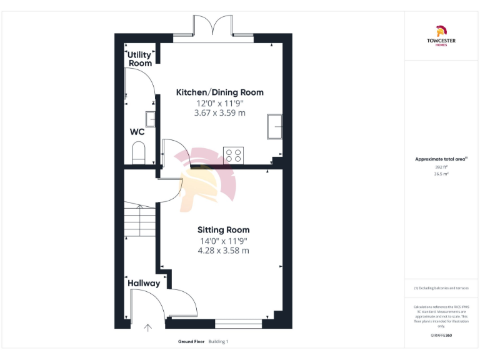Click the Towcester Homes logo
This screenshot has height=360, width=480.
pyautogui.click(x=441, y=35)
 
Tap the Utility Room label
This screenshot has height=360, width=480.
pyautogui.click(x=140, y=59)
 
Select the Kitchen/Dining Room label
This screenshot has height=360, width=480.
pyautogui.click(x=219, y=92)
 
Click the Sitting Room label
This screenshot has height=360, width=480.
pyautogui.click(x=223, y=230)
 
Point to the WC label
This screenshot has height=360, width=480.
pyautogui.click(x=137, y=132)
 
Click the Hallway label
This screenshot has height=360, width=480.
pyautogui.click(x=144, y=283)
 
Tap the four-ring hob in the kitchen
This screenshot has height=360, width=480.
pyautogui.click(x=233, y=155)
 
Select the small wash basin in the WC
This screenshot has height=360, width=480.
pyautogui.click(x=151, y=118)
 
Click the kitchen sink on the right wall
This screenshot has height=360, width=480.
pyautogui.click(x=274, y=127)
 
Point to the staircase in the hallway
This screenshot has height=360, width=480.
pyautogui.click(x=139, y=222)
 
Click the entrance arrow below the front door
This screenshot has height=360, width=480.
pyautogui.click(x=148, y=327)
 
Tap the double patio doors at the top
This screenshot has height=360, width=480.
pyautogui.click(x=214, y=28)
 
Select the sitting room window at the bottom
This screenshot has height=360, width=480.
pyautogui.click(x=239, y=323)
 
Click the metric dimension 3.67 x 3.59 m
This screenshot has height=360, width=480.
pyautogui.click(x=219, y=113)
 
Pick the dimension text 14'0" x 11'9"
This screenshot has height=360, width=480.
pyautogui.click(x=223, y=241)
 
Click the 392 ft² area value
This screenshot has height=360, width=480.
pyautogui.click(x=441, y=167)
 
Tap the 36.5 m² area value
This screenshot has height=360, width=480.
pyautogui.click(x=441, y=174)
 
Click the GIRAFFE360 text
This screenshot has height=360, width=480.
pyautogui.click(x=441, y=336)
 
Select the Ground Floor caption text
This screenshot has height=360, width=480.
pyautogui.click(x=191, y=342)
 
